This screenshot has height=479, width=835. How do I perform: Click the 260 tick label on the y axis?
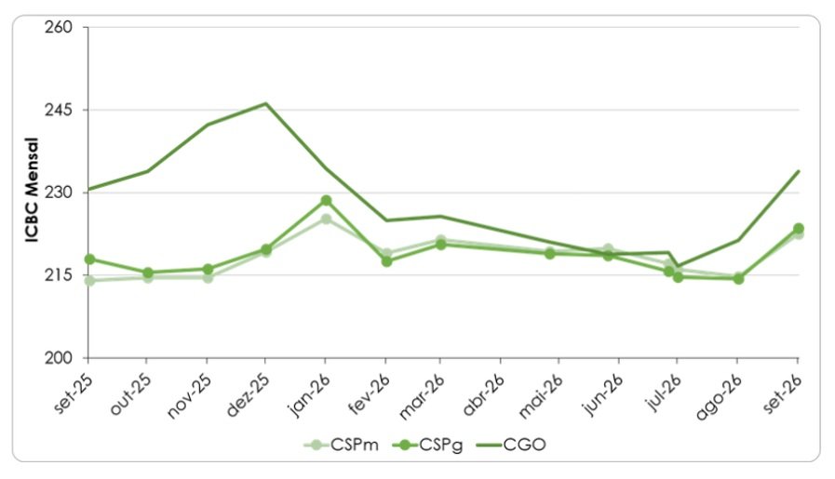tap(59, 27)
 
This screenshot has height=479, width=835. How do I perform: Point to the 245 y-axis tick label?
tap(59, 110)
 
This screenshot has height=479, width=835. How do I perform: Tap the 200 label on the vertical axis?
tap(59, 358)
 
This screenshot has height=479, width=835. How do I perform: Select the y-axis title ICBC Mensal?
tap(32, 190)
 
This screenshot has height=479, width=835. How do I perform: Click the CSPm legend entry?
tap(342, 445)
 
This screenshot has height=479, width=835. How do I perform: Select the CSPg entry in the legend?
tap(427, 445)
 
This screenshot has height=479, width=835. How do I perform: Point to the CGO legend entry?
tap(510, 445)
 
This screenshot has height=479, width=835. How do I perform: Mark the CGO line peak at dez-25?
tap(265, 103)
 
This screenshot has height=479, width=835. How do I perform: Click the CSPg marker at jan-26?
tap(326, 201)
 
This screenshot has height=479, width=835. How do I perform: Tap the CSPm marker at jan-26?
tap(326, 219)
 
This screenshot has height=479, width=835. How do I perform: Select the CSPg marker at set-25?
tap(89, 259)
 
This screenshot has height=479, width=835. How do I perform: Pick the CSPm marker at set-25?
tap(89, 280)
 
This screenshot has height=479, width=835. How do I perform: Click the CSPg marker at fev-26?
tap(386, 261)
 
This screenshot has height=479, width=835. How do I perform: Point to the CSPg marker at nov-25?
tap(208, 270)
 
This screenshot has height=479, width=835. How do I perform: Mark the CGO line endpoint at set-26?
tap(799, 171)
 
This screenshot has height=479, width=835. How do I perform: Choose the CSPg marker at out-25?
tap(148, 273)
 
